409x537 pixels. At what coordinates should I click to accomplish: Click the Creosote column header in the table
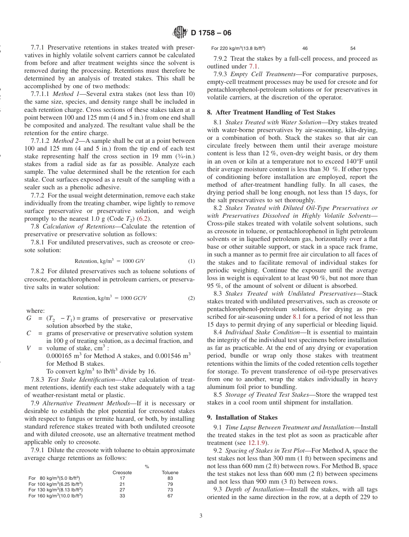pyautogui.click(x=122, y=472)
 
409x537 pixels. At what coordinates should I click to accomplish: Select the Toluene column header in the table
pyautogui.click(x=170, y=472)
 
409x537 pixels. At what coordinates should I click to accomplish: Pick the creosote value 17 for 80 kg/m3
pyautogui.click(x=122, y=478)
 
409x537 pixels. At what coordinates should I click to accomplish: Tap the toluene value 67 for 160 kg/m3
pyautogui.click(x=170, y=496)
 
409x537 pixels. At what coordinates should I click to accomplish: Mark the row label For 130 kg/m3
pyautogui.click(x=56, y=490)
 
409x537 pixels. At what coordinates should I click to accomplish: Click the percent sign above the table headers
pyautogui.click(x=147, y=466)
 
